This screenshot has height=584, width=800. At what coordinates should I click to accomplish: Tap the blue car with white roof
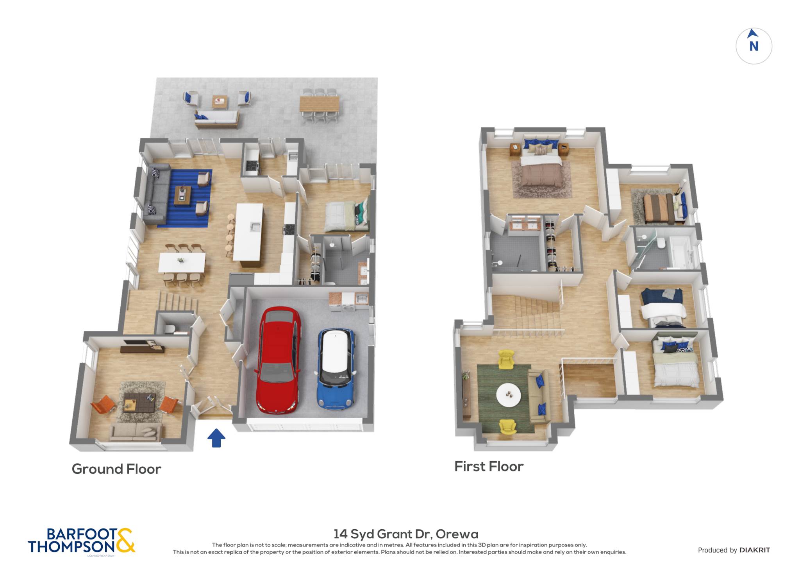coord(336,369)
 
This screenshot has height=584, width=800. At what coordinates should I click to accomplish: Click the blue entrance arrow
coord(216,438)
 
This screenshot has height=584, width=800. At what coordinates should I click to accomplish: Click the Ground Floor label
coord(116,469)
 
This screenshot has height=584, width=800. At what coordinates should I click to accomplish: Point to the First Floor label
coord(489,466)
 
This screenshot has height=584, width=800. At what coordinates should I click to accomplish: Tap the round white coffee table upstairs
coord(508,395)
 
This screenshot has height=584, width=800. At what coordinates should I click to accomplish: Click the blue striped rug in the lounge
coord(184,198)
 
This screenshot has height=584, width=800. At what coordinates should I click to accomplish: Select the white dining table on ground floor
coord(182,262)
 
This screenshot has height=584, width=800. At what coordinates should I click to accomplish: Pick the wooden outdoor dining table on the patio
coord(319,104)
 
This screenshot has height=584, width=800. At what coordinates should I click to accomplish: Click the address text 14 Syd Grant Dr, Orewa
coord(405,534)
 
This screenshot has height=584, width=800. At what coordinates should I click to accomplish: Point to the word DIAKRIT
coord(755,550)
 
